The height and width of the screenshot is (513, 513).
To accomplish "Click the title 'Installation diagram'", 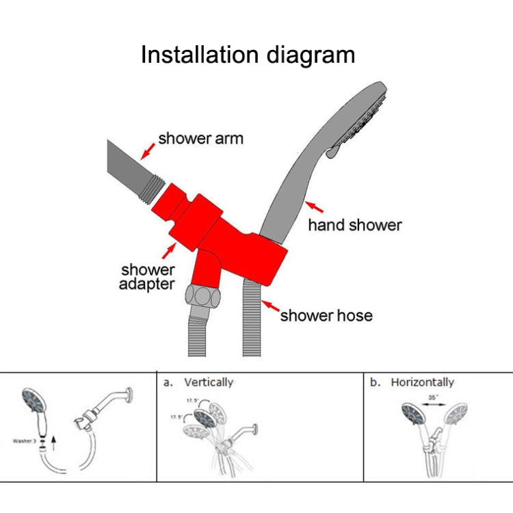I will pyautogui.click(x=248, y=55).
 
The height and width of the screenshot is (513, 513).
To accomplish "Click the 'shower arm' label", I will pyautogui.click(x=200, y=139).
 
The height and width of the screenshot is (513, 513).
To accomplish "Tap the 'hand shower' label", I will pyautogui.click(x=354, y=225).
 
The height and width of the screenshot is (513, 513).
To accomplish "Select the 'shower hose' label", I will pyautogui.click(x=326, y=315).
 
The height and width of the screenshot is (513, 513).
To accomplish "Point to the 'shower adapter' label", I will pyautogui.click(x=147, y=277).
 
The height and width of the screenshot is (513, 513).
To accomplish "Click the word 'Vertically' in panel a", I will pyautogui.click(x=208, y=382).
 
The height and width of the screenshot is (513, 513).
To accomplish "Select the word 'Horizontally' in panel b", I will pyautogui.click(x=422, y=382).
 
